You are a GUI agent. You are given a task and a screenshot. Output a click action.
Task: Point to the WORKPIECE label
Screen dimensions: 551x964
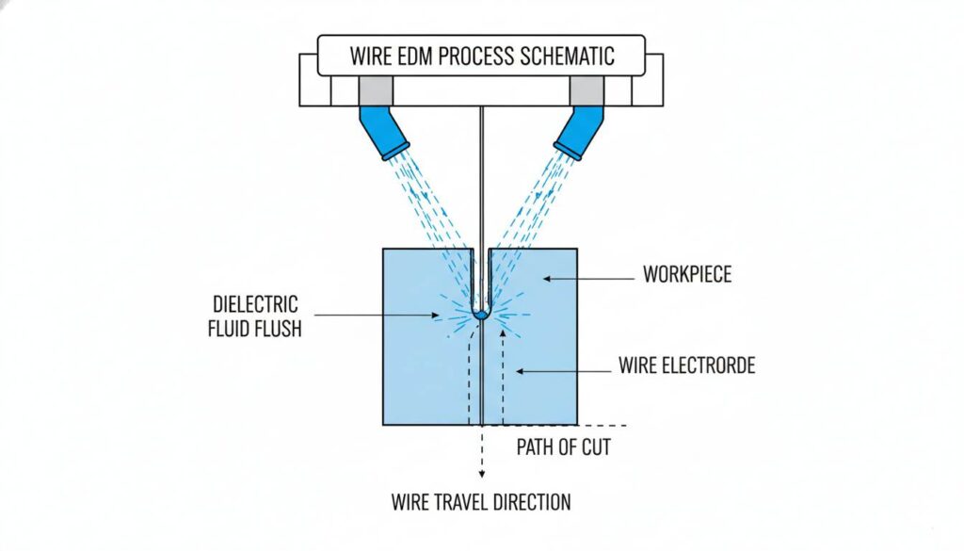tap(687, 276)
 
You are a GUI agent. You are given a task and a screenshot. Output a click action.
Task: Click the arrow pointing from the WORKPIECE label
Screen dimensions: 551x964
tap(588, 277)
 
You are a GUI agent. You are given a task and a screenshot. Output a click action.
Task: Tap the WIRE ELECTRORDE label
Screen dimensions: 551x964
tap(686, 365)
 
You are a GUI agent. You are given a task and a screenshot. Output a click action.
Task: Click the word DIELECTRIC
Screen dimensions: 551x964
tap(254, 305)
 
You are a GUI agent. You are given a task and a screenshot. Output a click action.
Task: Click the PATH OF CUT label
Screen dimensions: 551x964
tap(563, 446)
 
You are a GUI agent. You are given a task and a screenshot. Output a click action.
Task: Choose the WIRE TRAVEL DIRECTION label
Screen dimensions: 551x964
tap(481, 502)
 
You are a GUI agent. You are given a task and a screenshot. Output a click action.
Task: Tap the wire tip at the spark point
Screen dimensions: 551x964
tap(480, 314)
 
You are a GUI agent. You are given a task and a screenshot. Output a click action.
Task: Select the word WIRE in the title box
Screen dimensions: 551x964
tap(370, 55)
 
